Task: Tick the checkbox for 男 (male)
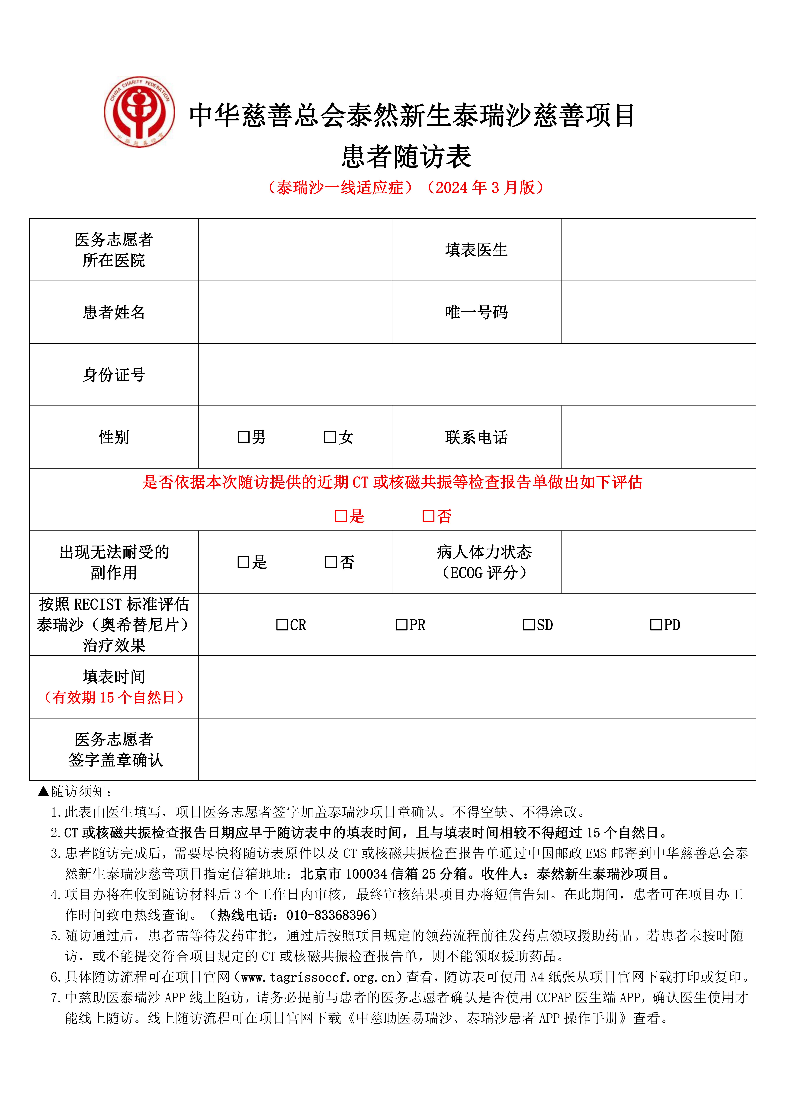[x=243, y=437]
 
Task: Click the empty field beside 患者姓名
[x=295, y=312]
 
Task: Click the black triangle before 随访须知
[x=44, y=791]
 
